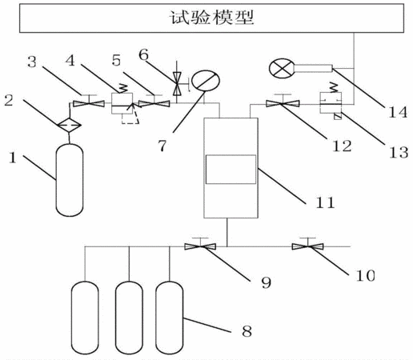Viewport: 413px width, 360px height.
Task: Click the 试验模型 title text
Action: (211, 18)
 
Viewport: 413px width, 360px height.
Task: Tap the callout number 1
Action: (13, 158)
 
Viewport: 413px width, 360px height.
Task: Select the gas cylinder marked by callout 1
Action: (70, 180)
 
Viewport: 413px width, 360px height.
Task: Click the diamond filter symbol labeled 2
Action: (69, 125)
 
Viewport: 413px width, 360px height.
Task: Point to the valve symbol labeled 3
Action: (89, 103)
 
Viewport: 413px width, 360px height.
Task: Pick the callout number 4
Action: (70, 61)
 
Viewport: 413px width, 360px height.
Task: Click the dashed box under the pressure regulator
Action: (130, 118)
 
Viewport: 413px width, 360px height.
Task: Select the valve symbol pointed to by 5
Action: (154, 103)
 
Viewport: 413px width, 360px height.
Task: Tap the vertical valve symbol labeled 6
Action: (177, 84)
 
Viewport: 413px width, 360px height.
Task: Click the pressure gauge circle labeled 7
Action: (206, 81)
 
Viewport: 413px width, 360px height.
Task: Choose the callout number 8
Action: (247, 331)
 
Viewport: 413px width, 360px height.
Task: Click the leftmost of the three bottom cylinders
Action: (85, 318)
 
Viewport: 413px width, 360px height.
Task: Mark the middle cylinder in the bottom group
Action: (129, 318)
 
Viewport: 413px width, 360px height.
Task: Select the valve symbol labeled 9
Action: (200, 246)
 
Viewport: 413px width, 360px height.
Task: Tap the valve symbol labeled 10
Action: (307, 246)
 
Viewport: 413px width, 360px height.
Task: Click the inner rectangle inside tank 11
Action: (231, 170)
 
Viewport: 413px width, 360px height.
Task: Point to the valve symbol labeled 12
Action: (283, 103)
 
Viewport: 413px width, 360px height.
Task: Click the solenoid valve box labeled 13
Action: (331, 103)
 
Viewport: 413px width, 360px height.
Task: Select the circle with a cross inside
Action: (283, 69)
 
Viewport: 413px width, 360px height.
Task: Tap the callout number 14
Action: (398, 112)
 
